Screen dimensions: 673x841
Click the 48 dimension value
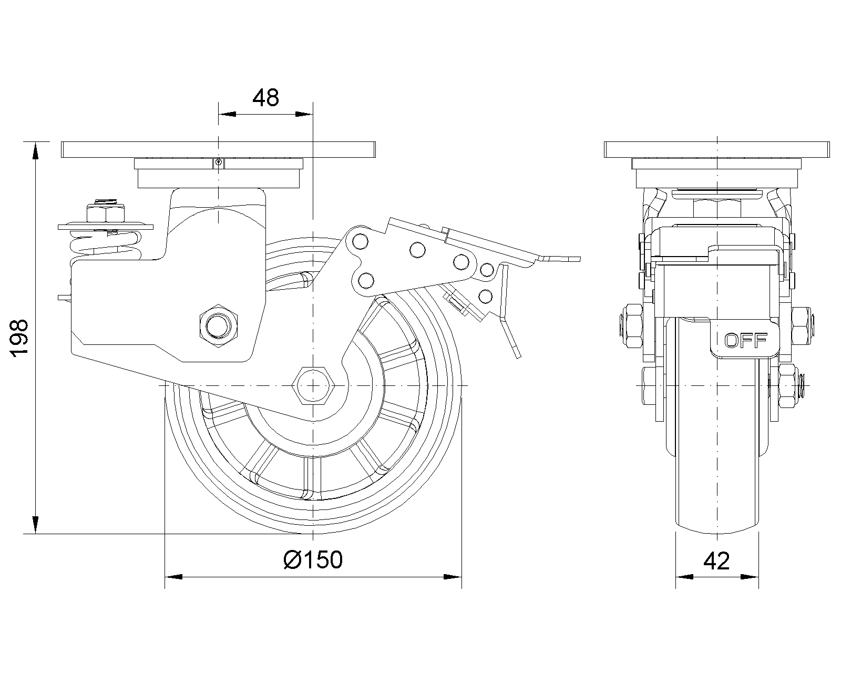(265, 98)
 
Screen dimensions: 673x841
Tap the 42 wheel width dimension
(716, 561)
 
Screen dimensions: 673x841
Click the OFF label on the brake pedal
(746, 341)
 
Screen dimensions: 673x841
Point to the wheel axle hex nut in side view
(313, 385)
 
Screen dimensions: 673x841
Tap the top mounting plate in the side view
(218, 150)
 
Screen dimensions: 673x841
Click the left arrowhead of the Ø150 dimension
(173, 577)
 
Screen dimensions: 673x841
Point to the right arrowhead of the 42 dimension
(751, 577)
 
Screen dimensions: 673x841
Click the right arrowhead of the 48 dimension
(304, 114)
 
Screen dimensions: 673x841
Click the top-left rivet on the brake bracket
(361, 241)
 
